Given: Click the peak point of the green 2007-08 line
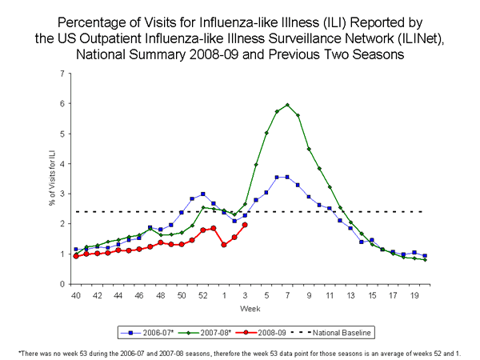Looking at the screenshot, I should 287,105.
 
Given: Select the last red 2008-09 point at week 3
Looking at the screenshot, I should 245,225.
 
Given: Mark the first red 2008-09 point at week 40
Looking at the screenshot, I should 76,256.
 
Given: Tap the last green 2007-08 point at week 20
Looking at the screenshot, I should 425,259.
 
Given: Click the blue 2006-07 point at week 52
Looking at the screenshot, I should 203,194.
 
